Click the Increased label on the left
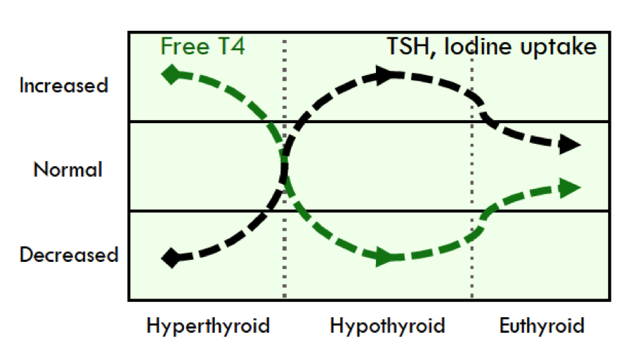64,85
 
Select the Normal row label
68,170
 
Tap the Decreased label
69,255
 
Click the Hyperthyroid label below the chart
208,326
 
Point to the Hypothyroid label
387,326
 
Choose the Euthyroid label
542,326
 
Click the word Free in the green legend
185,46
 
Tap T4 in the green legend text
231,46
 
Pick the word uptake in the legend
559,47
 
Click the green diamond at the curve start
171,74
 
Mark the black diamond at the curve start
171,258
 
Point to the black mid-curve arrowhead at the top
387,74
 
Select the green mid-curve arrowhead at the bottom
387,258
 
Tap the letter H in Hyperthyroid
153,325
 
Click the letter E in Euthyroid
505,325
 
